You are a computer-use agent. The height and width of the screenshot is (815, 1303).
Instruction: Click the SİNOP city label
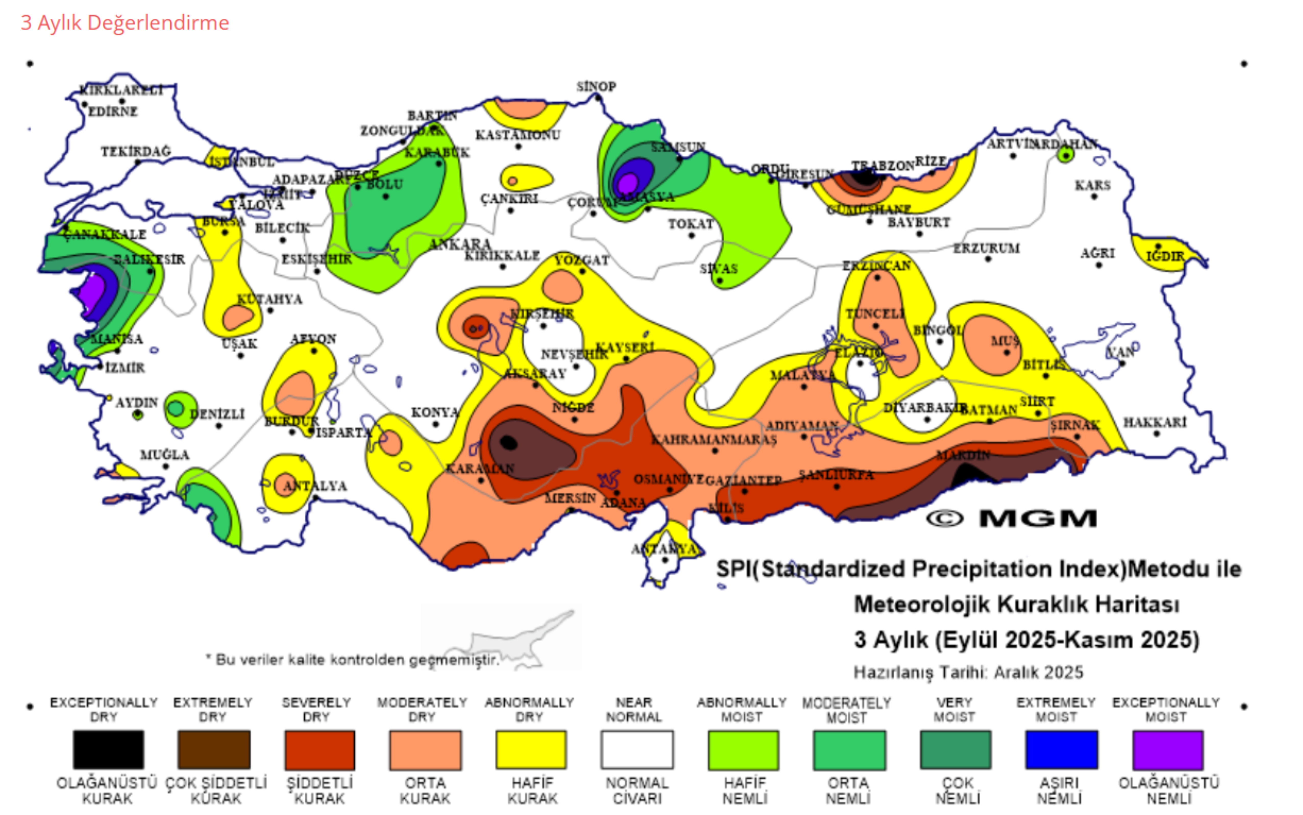[x=596, y=86]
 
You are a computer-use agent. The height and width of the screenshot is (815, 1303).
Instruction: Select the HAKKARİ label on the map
[x=1154, y=422]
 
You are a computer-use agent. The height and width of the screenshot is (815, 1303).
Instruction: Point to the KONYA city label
[x=435, y=412]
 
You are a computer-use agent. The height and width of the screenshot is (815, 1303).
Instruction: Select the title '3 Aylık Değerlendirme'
[x=125, y=23]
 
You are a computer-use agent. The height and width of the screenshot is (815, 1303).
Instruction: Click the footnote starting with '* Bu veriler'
[x=353, y=660]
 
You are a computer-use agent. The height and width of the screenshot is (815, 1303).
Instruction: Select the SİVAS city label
[x=718, y=268]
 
